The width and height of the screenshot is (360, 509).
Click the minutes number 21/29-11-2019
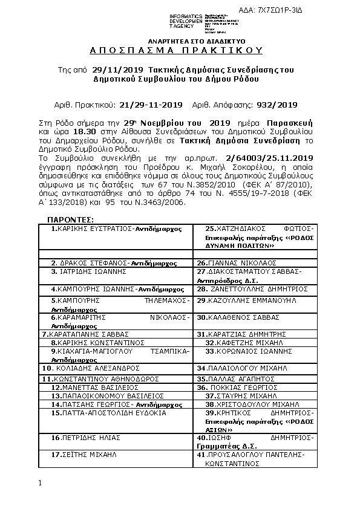pyautogui.click(x=151, y=104)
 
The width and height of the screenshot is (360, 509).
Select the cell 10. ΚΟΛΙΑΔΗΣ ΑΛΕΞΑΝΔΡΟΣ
pyautogui.click(x=82, y=367)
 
